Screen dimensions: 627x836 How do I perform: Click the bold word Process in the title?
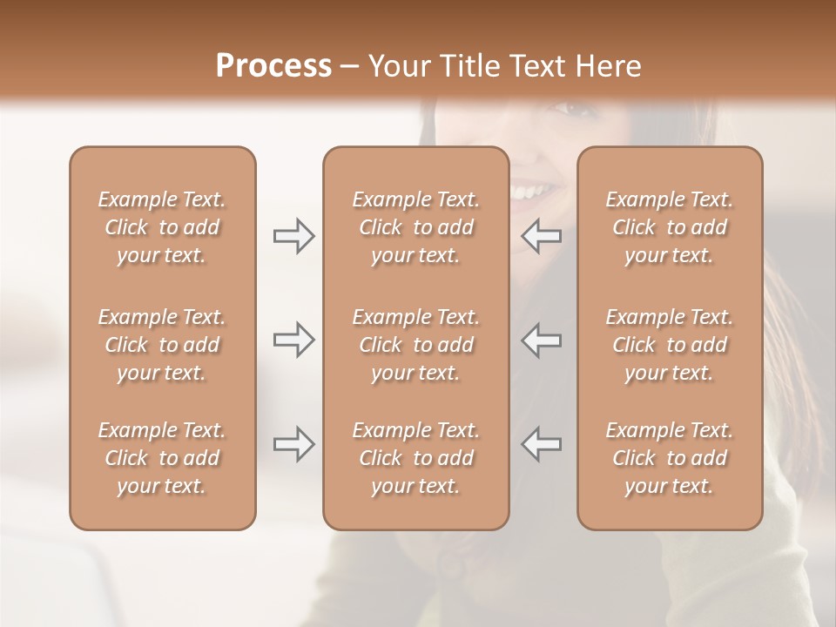(x=273, y=66)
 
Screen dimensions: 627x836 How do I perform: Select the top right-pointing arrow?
(x=293, y=236)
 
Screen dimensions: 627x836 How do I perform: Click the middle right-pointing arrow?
(x=293, y=340)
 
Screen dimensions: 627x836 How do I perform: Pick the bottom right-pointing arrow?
(x=293, y=444)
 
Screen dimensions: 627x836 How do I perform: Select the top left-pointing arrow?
(x=542, y=236)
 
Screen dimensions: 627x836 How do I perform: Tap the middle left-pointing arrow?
(x=542, y=340)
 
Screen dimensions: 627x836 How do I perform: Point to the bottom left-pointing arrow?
(x=542, y=444)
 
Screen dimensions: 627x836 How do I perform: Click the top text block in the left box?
(x=162, y=227)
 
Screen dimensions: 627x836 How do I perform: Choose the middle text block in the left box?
(x=162, y=345)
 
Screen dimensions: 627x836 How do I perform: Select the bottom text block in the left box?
(x=162, y=458)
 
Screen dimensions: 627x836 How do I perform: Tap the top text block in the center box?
(x=415, y=227)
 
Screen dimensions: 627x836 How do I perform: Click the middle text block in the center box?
(x=415, y=345)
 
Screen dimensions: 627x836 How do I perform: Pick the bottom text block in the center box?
(x=415, y=458)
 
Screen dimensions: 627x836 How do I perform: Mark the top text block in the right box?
(x=670, y=227)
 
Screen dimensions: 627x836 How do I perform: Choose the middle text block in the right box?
(x=670, y=345)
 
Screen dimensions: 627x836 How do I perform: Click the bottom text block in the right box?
(x=670, y=458)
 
